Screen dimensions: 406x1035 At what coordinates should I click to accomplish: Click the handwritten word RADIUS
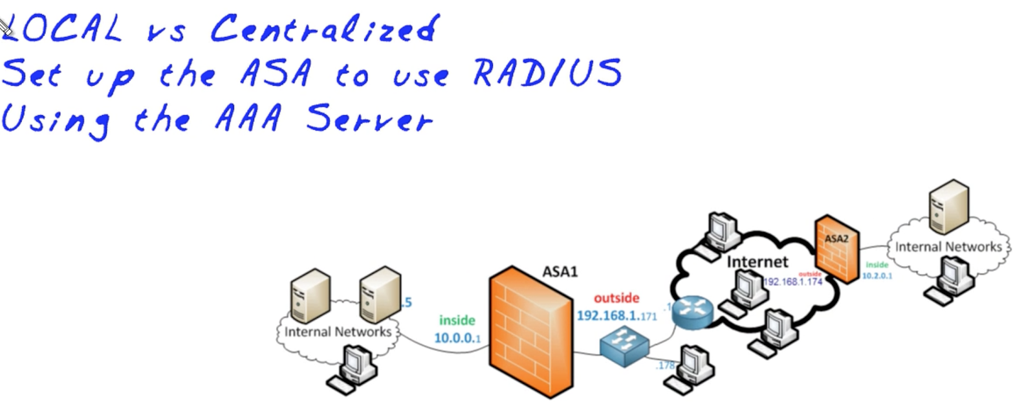coord(547,73)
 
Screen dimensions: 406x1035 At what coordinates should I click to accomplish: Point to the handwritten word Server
coord(368,118)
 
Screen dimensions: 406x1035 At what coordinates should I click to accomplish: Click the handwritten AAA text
coord(248,118)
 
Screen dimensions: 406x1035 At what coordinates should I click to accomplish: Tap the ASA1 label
coord(560,271)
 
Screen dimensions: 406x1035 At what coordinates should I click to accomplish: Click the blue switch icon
coord(623,346)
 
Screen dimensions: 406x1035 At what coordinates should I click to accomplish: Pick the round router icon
coord(692,313)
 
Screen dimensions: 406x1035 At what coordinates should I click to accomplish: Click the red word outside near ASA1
coord(616,298)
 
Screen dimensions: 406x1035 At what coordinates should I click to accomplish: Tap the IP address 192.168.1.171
coord(616,315)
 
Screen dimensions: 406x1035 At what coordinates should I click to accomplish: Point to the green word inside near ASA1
coord(457,320)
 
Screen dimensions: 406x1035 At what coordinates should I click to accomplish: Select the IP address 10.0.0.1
coord(457,337)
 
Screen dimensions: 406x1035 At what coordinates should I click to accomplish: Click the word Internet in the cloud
coord(757,262)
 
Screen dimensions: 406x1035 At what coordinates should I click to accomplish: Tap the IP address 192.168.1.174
coord(792,282)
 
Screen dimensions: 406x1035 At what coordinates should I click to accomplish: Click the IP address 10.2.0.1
coord(877,276)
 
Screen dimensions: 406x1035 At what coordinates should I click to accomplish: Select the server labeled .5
coord(380,295)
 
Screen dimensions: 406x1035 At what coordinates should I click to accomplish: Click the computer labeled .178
coord(690,369)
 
